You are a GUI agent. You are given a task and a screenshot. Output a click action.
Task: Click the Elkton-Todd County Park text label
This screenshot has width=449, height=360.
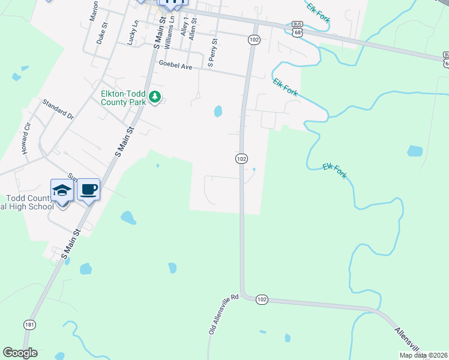[124, 98]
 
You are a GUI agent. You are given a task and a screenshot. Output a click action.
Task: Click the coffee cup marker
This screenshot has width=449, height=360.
[89, 190]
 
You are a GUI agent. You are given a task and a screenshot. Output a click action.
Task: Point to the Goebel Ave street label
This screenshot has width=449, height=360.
[175, 67]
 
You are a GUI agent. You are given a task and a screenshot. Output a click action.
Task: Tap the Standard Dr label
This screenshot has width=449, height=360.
[57, 109]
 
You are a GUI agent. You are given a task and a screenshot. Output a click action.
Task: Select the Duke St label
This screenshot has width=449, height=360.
[101, 34]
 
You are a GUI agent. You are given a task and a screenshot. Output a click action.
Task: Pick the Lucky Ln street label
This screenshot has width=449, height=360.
[133, 32]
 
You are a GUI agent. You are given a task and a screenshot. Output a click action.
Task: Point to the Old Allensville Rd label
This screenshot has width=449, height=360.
[224, 314]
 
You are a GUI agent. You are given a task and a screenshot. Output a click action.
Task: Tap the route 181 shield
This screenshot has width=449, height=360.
[29, 324]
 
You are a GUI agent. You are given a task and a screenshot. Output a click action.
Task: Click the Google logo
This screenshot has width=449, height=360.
[20, 353]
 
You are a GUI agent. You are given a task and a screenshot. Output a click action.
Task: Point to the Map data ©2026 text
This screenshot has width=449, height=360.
[423, 355]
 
